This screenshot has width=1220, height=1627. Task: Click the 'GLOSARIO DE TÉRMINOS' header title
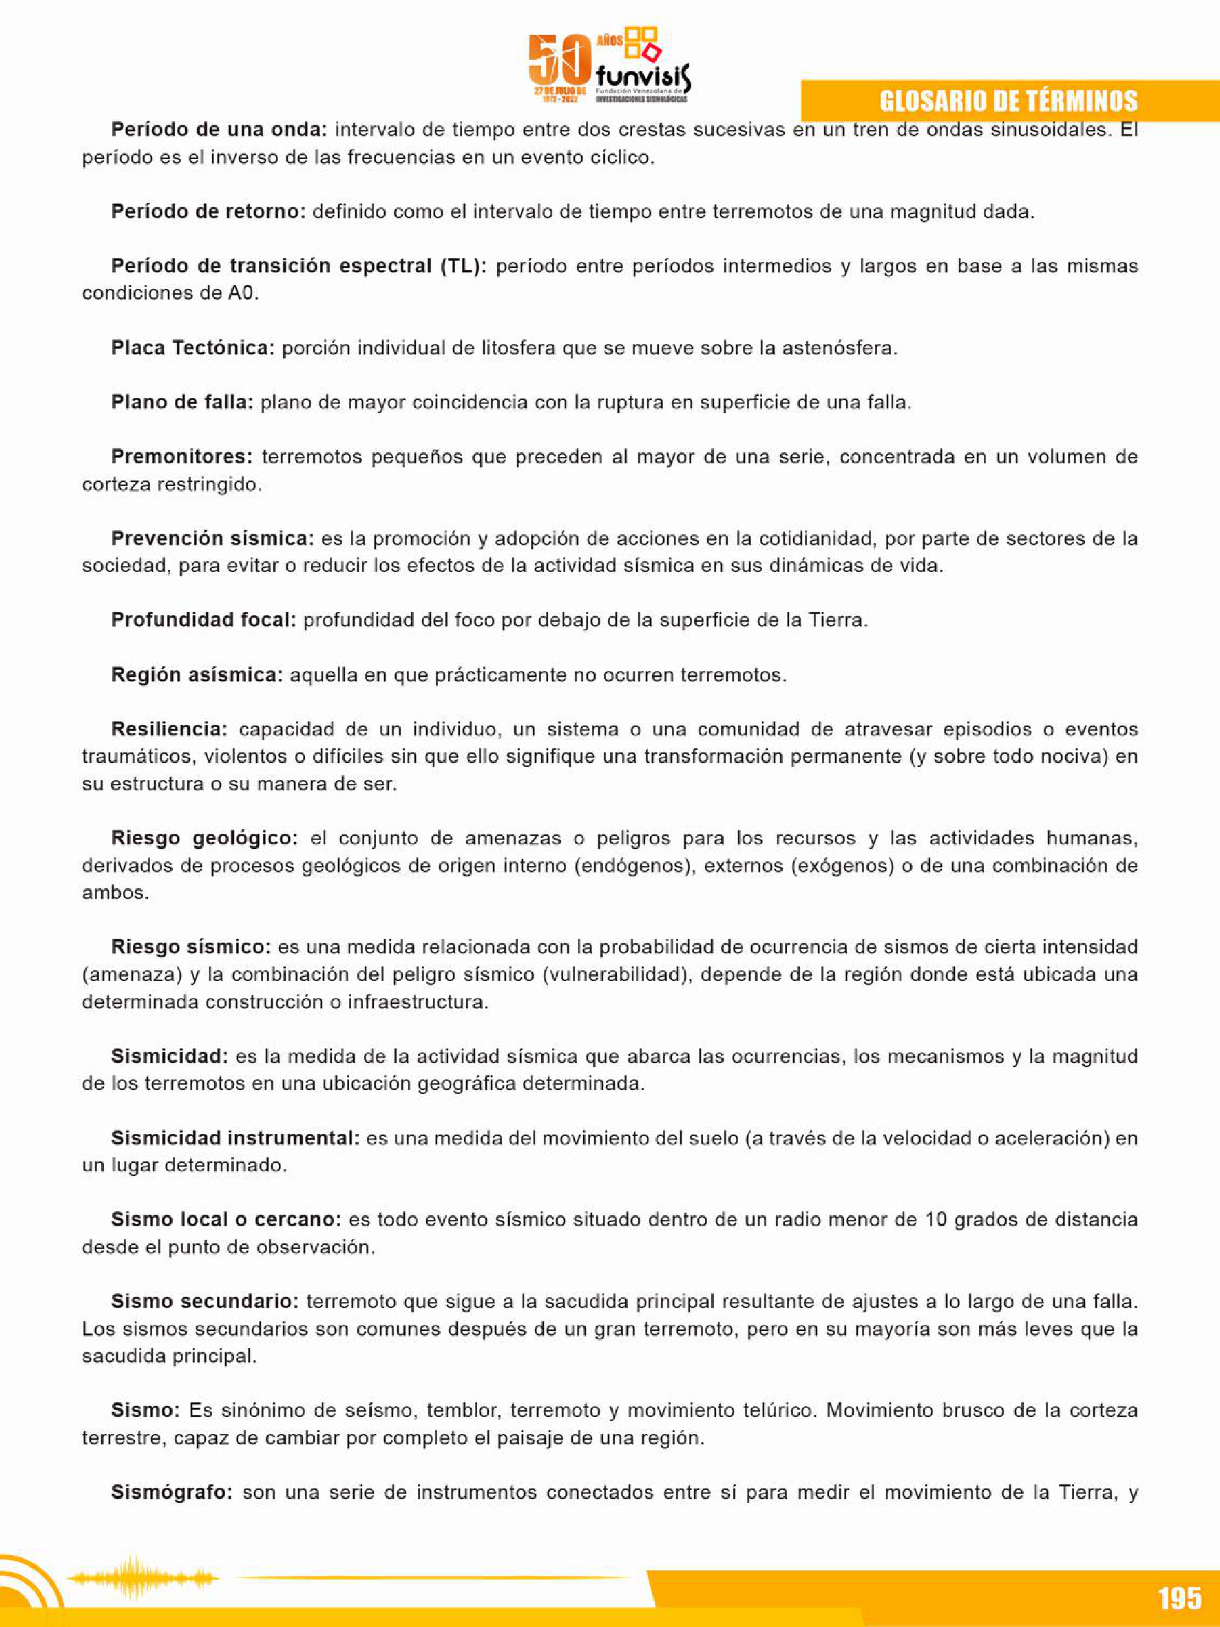(x=1008, y=101)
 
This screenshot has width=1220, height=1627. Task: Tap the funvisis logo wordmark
(x=643, y=76)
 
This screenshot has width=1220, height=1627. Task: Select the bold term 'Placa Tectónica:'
(x=193, y=348)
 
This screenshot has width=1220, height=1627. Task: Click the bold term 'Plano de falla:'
(x=182, y=402)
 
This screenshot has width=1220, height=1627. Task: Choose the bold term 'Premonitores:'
(x=182, y=456)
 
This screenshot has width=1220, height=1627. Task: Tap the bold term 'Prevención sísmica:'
(x=213, y=538)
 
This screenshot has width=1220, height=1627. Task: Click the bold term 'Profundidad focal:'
(x=204, y=620)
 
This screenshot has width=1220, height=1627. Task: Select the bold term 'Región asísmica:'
(x=197, y=675)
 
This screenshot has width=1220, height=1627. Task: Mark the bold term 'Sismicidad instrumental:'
(x=235, y=1138)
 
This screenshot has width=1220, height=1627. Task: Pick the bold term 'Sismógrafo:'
(x=172, y=1493)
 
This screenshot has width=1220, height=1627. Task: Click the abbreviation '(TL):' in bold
(x=463, y=266)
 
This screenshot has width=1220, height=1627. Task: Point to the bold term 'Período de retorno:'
(x=208, y=212)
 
